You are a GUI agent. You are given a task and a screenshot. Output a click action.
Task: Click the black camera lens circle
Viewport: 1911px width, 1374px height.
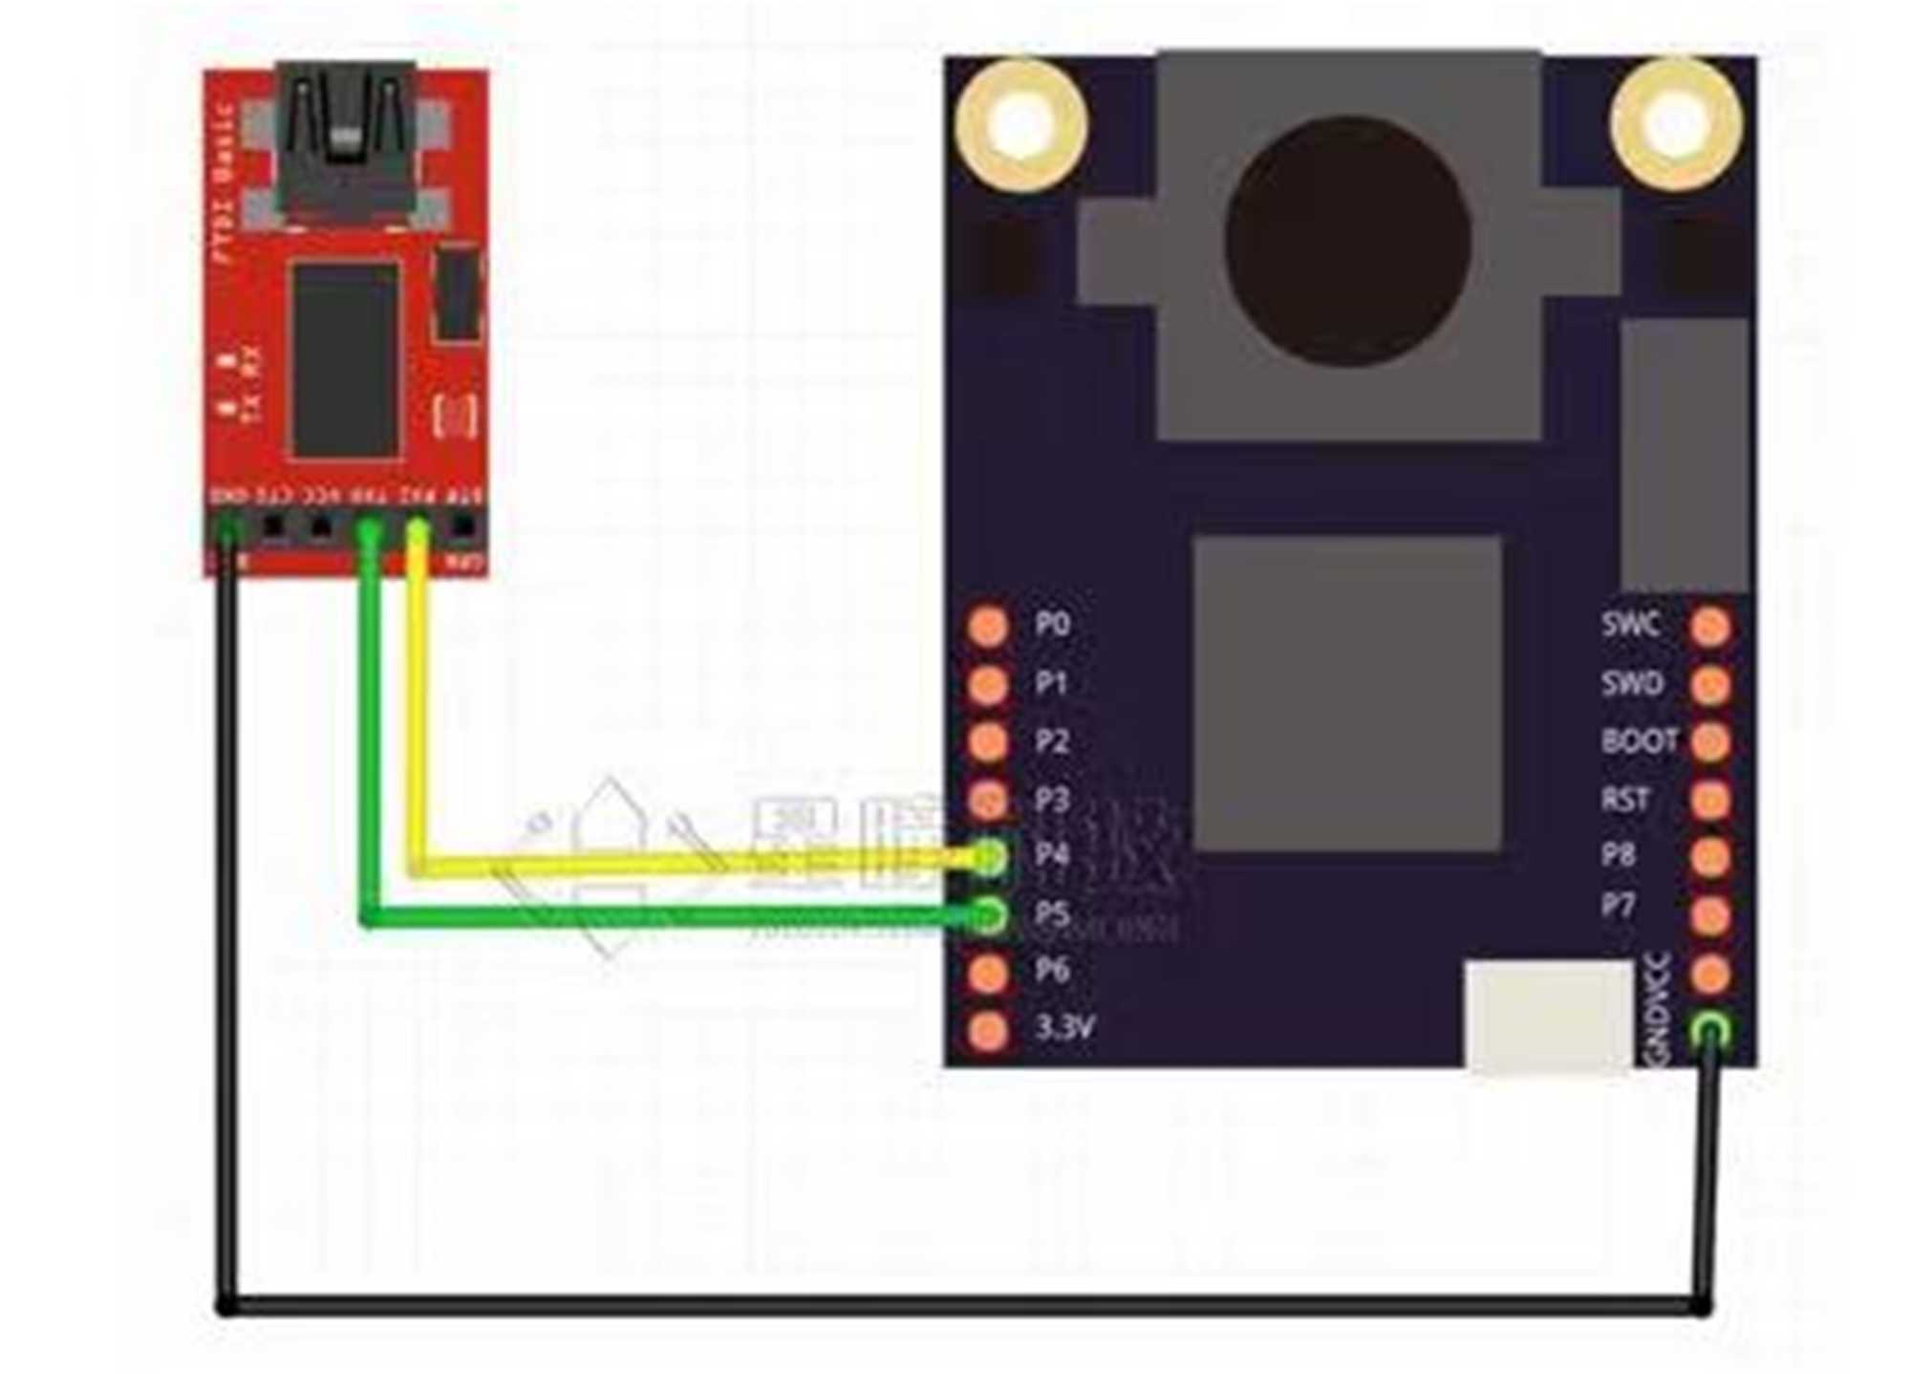click(x=1347, y=241)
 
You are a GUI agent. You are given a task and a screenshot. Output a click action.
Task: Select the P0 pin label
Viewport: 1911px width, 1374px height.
click(x=1052, y=625)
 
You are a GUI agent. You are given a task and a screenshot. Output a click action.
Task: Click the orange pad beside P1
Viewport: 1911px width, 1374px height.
click(x=988, y=684)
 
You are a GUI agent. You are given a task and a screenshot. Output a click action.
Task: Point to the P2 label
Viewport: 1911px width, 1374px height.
click(x=1052, y=741)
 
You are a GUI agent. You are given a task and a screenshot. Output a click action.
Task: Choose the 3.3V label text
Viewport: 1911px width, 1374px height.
click(x=1064, y=1028)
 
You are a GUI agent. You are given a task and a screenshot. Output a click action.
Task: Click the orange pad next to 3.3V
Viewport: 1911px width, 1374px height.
click(x=988, y=1030)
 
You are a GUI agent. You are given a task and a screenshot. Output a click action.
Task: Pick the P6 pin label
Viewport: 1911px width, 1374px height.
click(x=1052, y=971)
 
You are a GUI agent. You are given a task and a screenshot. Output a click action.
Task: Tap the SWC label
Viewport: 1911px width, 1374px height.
click(x=1630, y=625)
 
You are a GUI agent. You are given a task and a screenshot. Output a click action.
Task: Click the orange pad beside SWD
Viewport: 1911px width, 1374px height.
click(x=1710, y=684)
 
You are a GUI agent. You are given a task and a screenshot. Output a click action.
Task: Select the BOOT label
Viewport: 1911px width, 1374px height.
click(x=1639, y=741)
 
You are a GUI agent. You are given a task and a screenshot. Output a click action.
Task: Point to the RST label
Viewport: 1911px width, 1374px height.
click(x=1625, y=799)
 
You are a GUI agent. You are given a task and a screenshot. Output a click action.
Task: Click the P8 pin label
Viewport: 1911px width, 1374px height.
click(x=1619, y=855)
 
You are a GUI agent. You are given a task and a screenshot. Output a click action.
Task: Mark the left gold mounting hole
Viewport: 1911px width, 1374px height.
click(x=1021, y=125)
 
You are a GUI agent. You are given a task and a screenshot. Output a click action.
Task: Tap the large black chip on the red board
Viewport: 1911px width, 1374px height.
click(x=345, y=359)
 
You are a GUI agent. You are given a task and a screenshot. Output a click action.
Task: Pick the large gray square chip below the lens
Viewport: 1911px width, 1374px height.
click(x=1347, y=694)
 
